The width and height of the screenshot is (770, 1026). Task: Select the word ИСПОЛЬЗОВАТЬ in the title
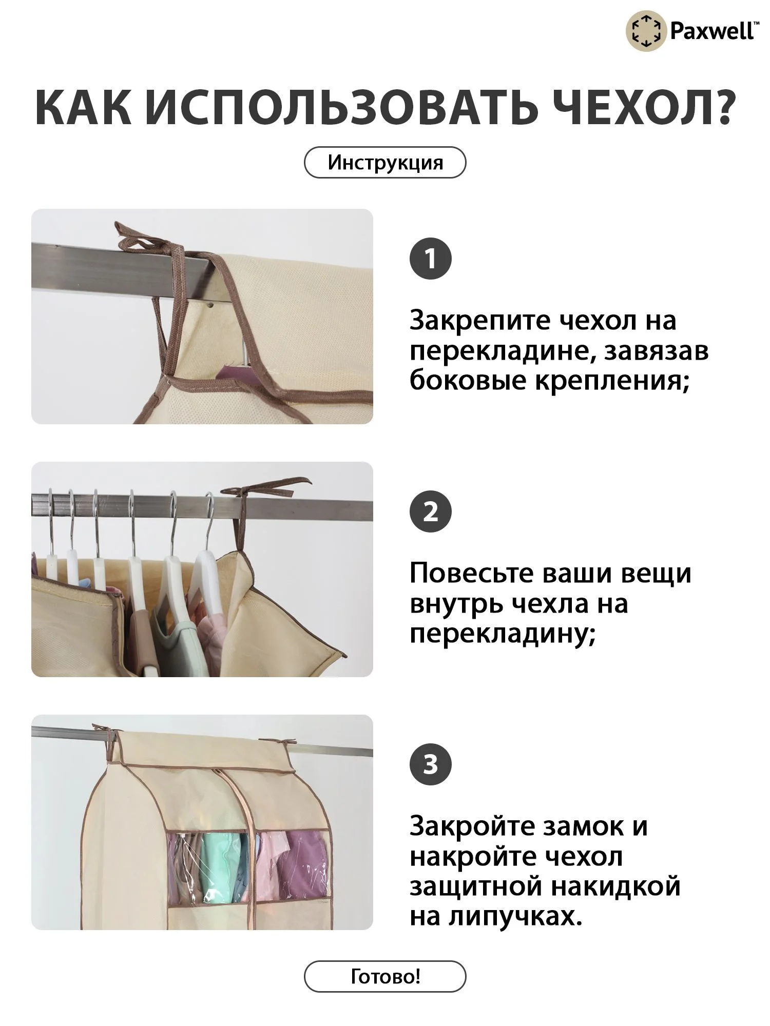[338, 108]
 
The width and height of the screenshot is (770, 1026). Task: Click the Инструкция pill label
[385, 163]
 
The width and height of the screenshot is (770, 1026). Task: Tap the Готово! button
[385, 976]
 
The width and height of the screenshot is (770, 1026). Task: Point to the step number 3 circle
[430, 764]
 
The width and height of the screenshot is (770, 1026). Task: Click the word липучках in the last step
[515, 916]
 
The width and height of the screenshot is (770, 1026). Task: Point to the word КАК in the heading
[83, 108]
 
